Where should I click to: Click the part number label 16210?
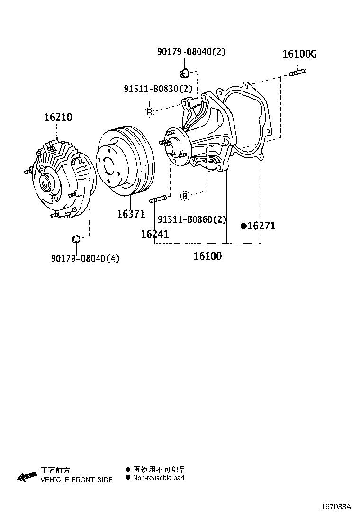(58, 117)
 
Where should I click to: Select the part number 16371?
(131, 214)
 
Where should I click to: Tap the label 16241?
(154, 234)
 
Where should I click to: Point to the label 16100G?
(299, 55)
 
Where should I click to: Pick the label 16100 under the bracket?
(207, 256)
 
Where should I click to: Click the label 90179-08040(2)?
(191, 52)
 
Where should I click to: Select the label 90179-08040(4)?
(85, 258)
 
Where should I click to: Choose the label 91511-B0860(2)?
(192, 219)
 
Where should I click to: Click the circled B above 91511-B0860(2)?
(185, 196)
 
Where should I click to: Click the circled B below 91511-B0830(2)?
(149, 112)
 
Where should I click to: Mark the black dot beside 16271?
(243, 226)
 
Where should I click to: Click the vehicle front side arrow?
(27, 475)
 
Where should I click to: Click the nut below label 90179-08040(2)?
(184, 73)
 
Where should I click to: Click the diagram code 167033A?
(335, 507)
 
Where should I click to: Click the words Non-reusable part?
(159, 478)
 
